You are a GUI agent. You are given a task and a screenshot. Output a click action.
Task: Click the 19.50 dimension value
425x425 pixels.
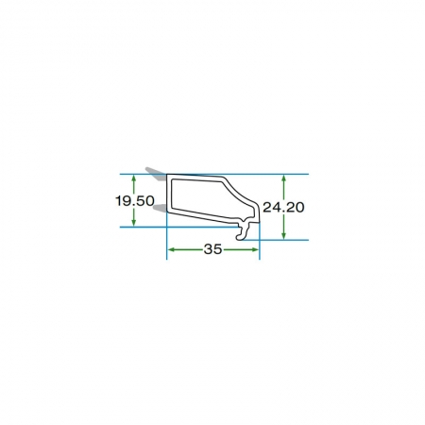pos(135,201)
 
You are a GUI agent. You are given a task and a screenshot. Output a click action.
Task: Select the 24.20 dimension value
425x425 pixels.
pos(283,207)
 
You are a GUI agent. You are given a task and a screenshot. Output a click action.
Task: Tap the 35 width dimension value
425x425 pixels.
pos(212,249)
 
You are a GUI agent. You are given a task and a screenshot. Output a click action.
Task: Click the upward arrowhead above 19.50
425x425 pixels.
pos(134,178)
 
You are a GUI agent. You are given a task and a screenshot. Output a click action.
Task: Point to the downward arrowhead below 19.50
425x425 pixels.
pos(134,222)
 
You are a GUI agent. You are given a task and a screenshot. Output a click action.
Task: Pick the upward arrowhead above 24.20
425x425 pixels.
pos(283,178)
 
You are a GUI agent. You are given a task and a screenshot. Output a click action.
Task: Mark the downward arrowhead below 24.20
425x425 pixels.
pos(283,235)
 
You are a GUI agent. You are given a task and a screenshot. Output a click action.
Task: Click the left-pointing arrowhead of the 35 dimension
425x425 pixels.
pos(171,249)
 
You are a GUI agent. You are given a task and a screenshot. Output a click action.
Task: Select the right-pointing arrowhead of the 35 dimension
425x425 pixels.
pos(255,249)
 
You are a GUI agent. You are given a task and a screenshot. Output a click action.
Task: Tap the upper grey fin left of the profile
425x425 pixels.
pos(156,173)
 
